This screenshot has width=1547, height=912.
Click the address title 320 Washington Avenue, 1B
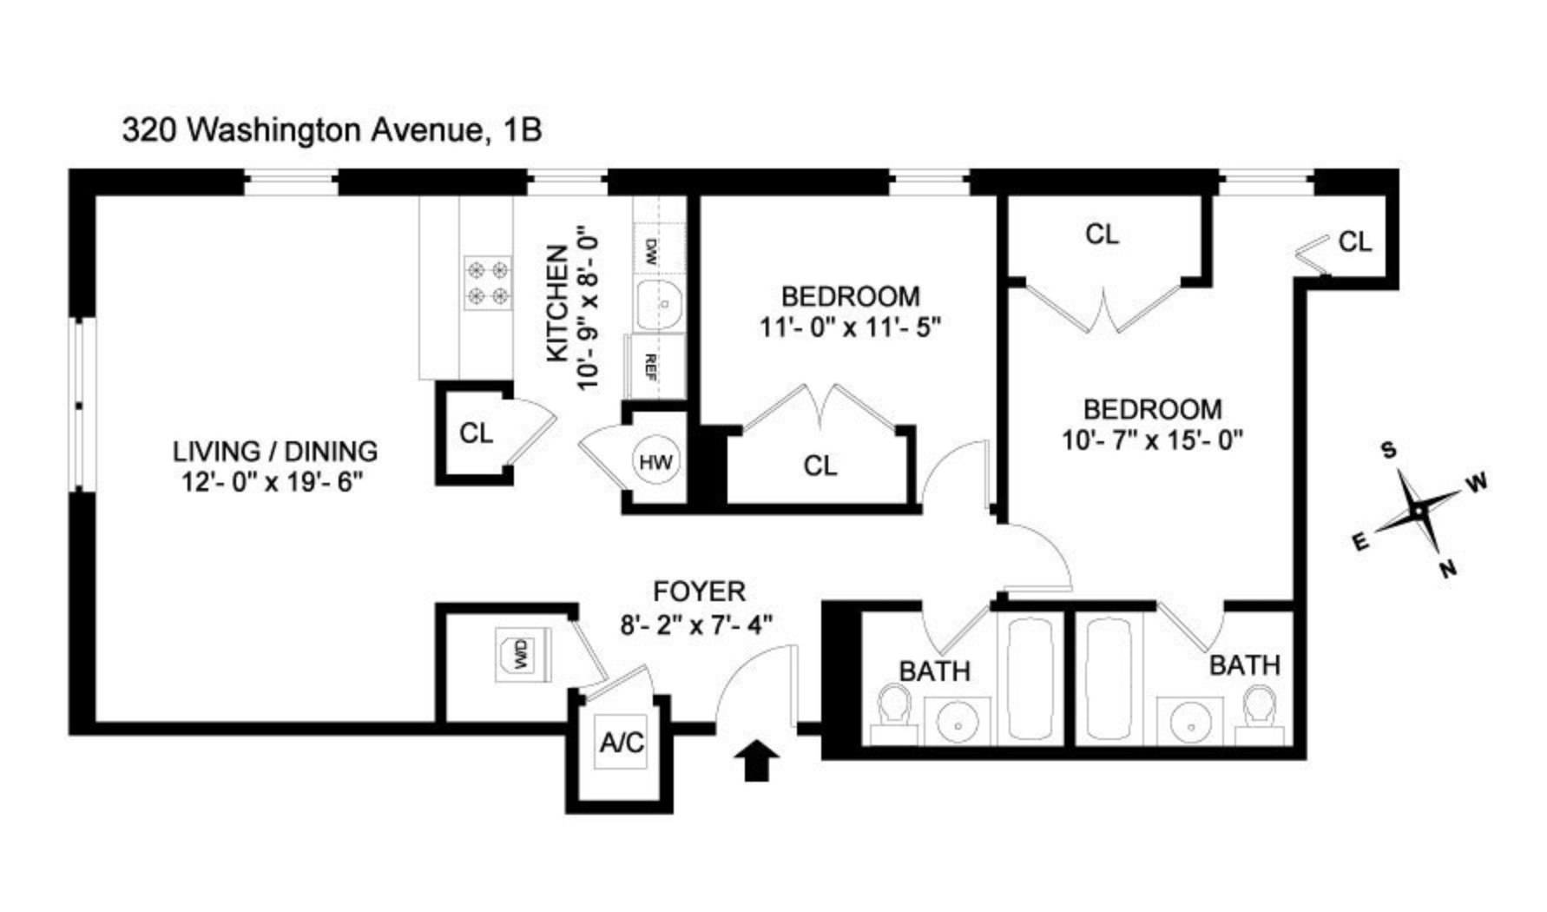(x=332, y=130)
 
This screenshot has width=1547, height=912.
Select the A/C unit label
(x=622, y=743)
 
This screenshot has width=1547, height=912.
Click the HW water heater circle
(x=655, y=462)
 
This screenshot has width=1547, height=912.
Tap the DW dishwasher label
(x=651, y=252)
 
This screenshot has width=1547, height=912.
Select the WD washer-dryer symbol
(x=521, y=655)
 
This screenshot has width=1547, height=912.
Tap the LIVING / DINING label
(x=275, y=452)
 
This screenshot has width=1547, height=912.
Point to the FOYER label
(x=699, y=592)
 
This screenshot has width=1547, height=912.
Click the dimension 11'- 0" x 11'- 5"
(x=851, y=328)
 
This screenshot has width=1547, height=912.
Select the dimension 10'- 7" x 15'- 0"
(x=1153, y=440)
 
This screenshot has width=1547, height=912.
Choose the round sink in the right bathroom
(x=1196, y=721)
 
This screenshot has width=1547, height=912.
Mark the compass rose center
(x=1419, y=512)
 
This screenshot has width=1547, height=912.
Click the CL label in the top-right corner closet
(x=1355, y=241)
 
